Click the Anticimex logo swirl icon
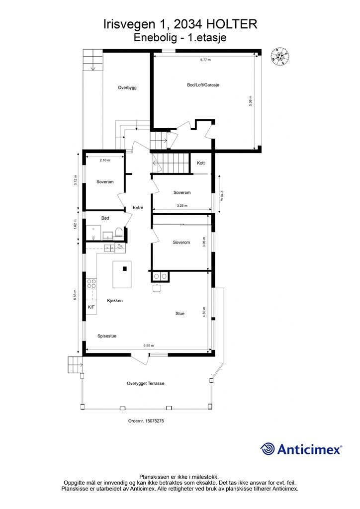[268, 449]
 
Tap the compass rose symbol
[280, 56]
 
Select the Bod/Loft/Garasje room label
[203, 85]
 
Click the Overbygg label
[127, 87]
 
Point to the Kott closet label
[201, 163]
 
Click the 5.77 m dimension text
[205, 60]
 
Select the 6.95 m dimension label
[149, 346]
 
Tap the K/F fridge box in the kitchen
[91, 307]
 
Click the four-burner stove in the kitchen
[91, 284]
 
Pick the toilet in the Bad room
[119, 232]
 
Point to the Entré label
[138, 208]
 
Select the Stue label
[180, 314]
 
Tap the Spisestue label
[107, 337]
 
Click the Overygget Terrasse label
[145, 383]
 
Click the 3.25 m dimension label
[182, 205]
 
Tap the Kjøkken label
[115, 301]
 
